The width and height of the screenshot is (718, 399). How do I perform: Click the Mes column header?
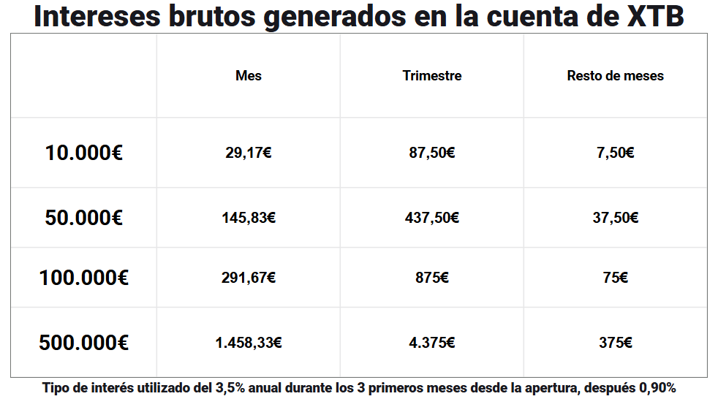(249, 75)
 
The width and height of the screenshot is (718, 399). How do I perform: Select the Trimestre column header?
(432, 75)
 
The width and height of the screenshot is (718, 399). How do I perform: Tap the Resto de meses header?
(615, 75)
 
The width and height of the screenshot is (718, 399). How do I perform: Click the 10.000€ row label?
(83, 153)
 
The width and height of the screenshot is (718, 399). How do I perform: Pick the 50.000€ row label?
(83, 218)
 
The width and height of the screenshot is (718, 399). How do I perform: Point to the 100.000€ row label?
(83, 278)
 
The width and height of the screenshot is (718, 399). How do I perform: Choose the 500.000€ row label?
(83, 342)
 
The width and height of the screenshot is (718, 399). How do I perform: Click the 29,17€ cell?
(249, 153)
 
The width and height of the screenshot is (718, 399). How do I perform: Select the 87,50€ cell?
(432, 153)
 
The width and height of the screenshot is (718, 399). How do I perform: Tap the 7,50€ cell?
(615, 153)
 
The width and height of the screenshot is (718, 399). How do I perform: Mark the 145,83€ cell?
(249, 218)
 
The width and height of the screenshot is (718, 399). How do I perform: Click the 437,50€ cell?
(432, 218)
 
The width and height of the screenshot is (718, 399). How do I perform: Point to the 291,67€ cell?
(249, 278)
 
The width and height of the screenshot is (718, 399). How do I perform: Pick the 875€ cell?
(432, 278)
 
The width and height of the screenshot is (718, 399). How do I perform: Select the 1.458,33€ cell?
(249, 342)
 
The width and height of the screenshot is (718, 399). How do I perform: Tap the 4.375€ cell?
(432, 342)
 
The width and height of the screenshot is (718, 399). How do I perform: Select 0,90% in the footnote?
(656, 387)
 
